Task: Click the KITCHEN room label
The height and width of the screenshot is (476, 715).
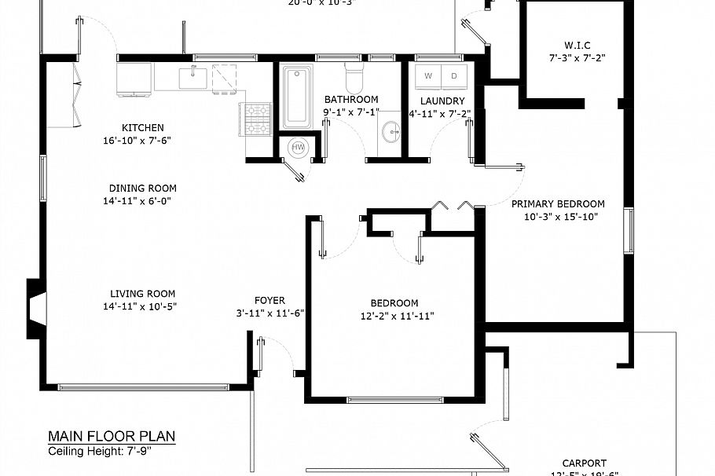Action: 143,128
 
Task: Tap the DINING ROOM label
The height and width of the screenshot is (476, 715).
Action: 142,189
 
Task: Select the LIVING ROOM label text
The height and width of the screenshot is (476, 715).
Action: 142,295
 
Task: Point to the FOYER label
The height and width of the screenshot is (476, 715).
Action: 269,301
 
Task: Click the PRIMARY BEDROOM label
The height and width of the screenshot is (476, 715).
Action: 559,204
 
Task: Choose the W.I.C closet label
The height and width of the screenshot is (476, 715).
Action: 577,45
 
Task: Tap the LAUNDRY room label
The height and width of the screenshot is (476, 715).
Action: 442,101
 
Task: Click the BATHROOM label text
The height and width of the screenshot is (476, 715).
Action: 351,100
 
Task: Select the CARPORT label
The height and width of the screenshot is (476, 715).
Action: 584,463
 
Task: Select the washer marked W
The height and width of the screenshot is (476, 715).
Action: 428,76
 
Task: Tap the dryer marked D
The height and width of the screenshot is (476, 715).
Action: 454,76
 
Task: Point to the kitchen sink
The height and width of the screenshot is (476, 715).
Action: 192,78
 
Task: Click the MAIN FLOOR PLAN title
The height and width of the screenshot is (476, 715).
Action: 112,437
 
